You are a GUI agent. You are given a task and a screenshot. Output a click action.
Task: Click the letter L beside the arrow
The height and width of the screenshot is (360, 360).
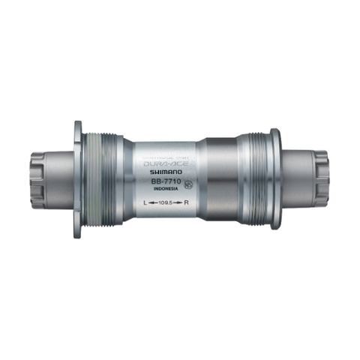point(140,203)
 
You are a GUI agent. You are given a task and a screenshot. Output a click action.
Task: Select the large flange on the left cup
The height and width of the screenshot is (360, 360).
point(79,178)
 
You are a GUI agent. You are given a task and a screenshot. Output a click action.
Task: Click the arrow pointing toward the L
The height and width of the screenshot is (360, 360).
point(150,203)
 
